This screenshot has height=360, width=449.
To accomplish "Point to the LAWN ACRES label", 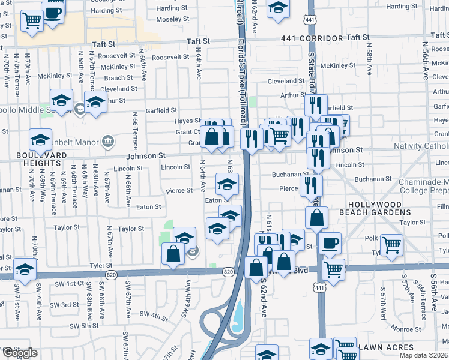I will (x=389, y=347).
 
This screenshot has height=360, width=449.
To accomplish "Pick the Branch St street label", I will (x=118, y=78).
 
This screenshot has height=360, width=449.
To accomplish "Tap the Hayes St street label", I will (x=187, y=121).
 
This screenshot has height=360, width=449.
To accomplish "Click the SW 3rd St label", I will (x=65, y=305).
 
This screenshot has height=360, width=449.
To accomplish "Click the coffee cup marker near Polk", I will (x=330, y=243).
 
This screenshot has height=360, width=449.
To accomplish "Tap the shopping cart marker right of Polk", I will (x=391, y=244).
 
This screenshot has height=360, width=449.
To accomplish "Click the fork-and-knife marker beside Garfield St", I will (x=316, y=105).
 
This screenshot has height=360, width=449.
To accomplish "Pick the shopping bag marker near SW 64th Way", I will (x=173, y=253).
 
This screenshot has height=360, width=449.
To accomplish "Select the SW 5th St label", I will (x=83, y=326).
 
